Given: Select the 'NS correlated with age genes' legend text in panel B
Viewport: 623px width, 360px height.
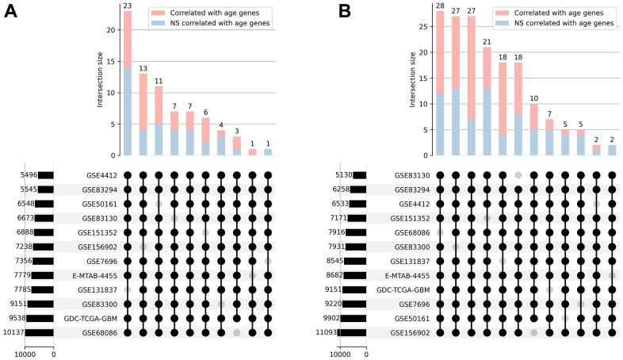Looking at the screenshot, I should (x=567, y=25).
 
